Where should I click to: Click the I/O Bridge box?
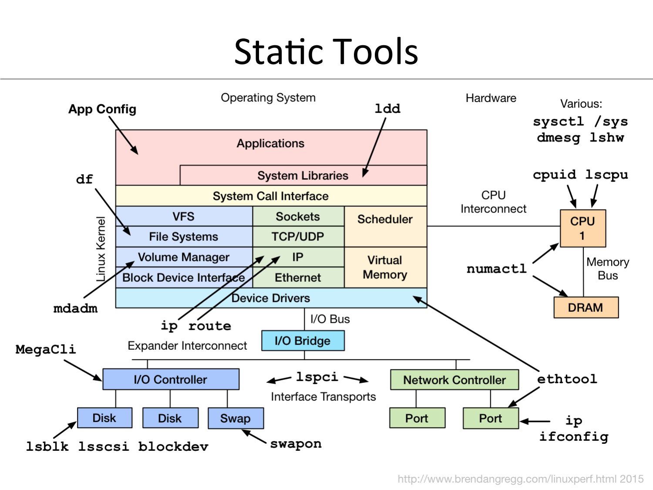(x=303, y=341)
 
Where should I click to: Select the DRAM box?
(x=586, y=308)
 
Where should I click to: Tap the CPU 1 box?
(x=582, y=228)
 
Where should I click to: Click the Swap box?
(x=236, y=418)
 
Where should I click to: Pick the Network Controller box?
(x=454, y=380)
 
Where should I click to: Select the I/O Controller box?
(x=171, y=379)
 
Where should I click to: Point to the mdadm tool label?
(x=75, y=308)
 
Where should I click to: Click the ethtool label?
(x=567, y=379)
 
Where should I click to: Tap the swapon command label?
(x=296, y=444)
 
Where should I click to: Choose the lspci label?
(x=317, y=377)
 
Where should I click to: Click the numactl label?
(x=496, y=269)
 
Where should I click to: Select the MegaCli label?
(x=46, y=349)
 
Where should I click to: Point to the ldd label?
(x=387, y=108)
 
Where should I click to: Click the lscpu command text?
(x=606, y=175)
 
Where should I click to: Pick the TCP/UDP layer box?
(x=298, y=237)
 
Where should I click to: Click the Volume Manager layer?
(x=183, y=257)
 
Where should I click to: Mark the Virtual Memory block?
(x=385, y=267)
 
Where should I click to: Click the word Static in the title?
(x=279, y=51)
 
